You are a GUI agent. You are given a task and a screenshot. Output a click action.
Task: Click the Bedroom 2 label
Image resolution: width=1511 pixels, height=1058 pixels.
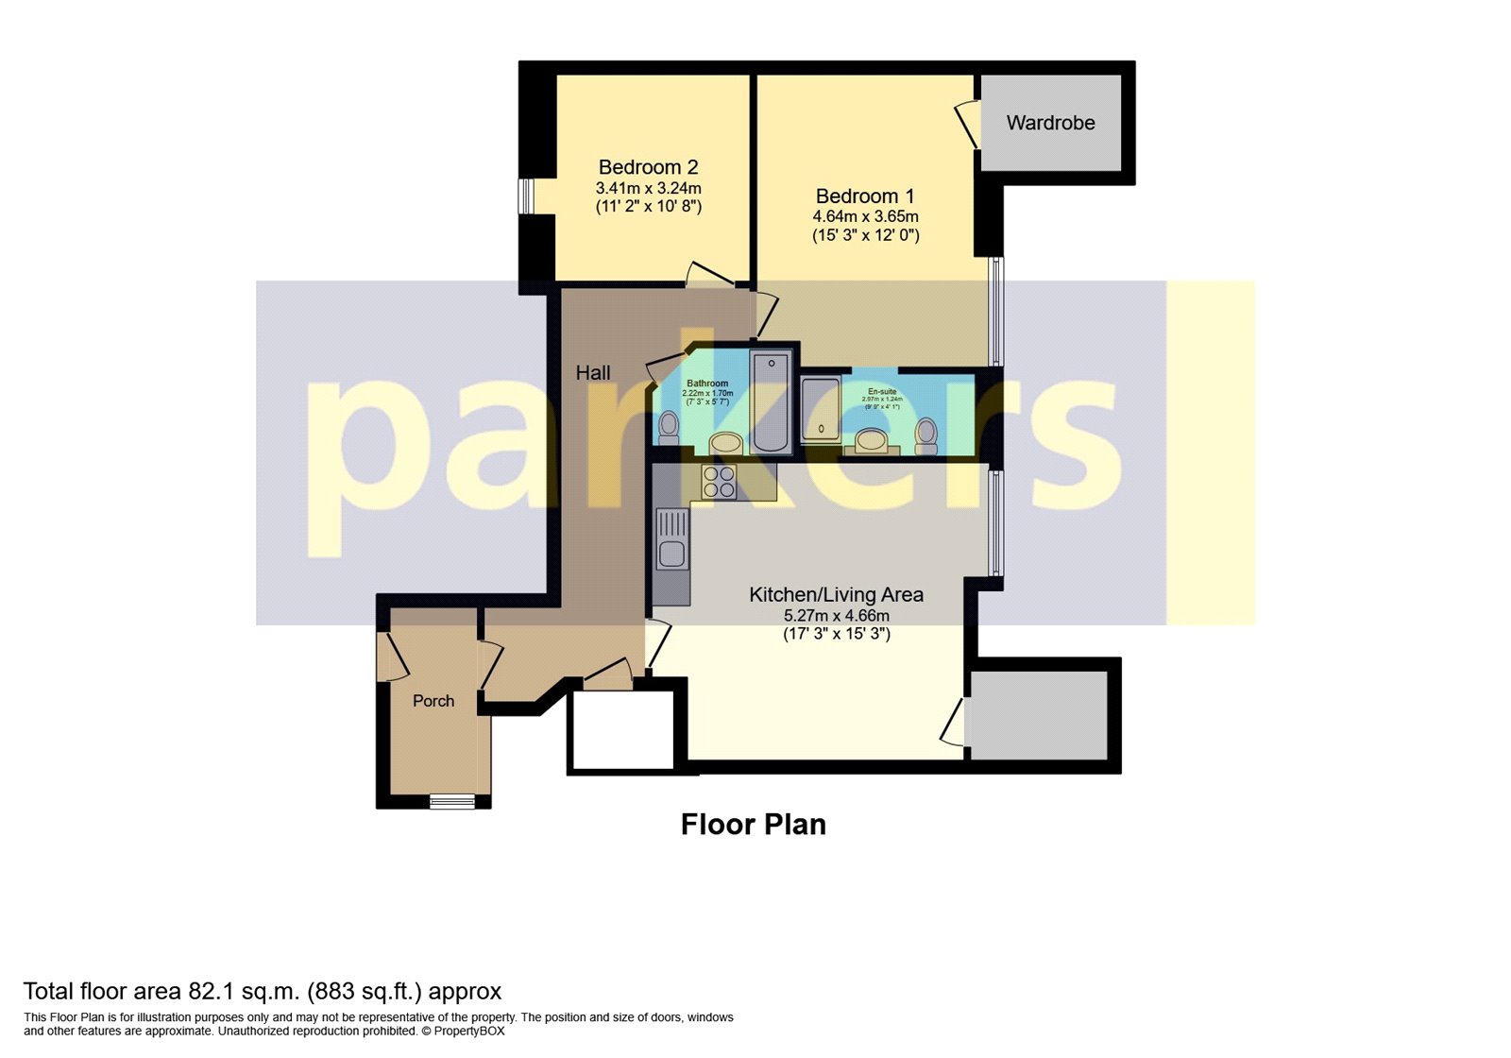click(x=648, y=167)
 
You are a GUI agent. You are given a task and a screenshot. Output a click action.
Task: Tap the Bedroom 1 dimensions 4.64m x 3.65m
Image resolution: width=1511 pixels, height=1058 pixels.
click(x=865, y=216)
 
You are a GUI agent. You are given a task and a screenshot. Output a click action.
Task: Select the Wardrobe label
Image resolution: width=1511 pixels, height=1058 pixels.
click(x=1050, y=123)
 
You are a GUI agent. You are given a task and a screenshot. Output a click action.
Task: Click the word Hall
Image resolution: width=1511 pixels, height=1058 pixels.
click(x=593, y=373)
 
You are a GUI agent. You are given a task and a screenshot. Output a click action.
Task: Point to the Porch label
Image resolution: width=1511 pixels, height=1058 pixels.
click(x=433, y=701)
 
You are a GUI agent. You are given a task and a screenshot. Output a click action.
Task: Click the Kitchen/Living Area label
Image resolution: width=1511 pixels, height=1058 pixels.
click(x=836, y=595)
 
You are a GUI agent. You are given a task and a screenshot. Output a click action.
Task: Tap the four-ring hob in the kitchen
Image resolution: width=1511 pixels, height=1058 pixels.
click(x=720, y=482)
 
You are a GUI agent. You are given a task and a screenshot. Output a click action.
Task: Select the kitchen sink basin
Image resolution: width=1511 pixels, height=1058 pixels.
click(x=671, y=554)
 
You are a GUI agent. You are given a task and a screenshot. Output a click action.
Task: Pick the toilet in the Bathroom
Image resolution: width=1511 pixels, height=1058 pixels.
click(x=669, y=427)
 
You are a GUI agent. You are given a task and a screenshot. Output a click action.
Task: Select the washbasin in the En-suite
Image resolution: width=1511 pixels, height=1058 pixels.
click(x=872, y=440)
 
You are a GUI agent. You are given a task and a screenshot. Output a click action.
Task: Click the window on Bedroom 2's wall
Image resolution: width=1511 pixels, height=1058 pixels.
click(x=526, y=196)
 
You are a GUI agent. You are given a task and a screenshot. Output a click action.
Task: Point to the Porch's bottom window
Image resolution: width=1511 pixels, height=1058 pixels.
click(x=452, y=802)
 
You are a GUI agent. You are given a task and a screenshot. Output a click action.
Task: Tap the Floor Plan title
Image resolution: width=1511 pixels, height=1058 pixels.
click(x=753, y=825)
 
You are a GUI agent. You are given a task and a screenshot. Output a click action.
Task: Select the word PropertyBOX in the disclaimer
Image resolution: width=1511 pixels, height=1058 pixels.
click(x=469, y=1032)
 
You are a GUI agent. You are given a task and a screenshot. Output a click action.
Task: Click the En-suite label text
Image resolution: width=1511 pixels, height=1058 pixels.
click(x=882, y=391)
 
